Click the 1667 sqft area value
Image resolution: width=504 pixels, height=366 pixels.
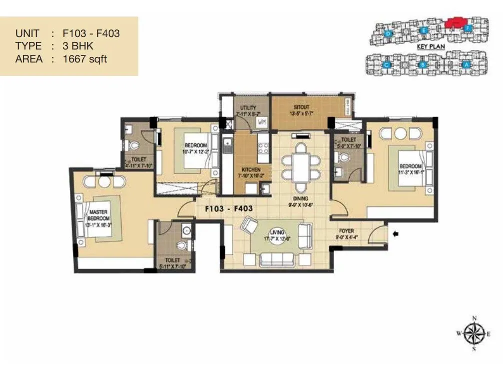[x=85, y=58]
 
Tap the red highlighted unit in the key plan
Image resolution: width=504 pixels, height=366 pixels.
[x=455, y=22]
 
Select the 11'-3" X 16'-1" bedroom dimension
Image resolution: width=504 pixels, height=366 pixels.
[x=410, y=172]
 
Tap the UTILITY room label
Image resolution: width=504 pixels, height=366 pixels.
[x=248, y=107]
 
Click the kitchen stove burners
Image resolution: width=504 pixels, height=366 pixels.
[x=263, y=147]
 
